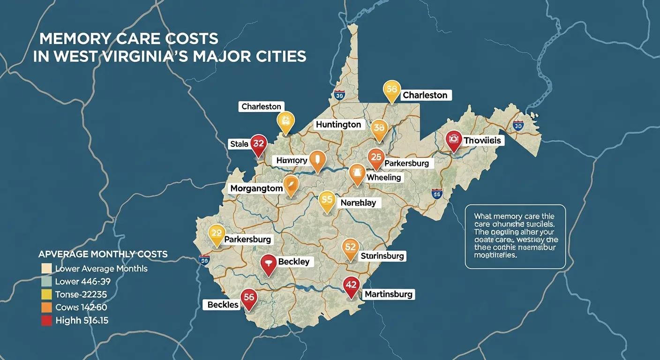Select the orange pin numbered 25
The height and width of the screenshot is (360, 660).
click(376, 158)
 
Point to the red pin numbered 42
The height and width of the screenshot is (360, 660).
click(351, 285)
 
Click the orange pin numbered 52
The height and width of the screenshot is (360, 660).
click(350, 247)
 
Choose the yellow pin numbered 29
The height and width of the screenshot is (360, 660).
click(216, 233)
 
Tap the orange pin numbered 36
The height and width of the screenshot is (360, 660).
click(379, 127)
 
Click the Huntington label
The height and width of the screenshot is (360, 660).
click(338, 124)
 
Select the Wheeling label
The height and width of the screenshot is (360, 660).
click(383, 178)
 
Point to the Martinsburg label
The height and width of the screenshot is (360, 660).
click(389, 294)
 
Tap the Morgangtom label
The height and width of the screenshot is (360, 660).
click(256, 188)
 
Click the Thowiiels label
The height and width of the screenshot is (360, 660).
click(482, 140)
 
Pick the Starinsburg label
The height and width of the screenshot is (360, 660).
click(382, 256)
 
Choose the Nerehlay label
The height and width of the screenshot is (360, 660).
click(358, 203)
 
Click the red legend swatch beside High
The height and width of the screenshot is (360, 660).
click(46, 321)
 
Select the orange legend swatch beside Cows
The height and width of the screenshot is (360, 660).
click(46, 307)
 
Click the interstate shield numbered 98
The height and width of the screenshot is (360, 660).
click(204, 259)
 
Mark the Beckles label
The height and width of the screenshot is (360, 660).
click(223, 305)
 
